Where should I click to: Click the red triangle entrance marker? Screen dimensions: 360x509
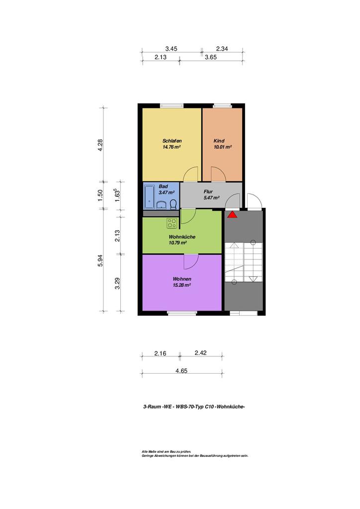[x=232, y=215]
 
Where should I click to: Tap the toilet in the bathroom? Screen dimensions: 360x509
[x=174, y=204]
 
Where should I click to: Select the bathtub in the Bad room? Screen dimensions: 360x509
[x=150, y=196]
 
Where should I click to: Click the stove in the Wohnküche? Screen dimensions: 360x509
[x=172, y=223]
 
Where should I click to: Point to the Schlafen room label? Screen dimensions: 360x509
[x=172, y=141]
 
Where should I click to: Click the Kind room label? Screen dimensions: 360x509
[x=219, y=141]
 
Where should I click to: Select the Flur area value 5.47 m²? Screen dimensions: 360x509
[x=211, y=197]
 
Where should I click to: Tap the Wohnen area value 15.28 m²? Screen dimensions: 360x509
[x=182, y=285]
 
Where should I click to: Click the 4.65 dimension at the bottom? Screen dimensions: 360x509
[x=181, y=371]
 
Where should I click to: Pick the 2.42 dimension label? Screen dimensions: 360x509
[x=200, y=353]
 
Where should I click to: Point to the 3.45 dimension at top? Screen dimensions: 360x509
[x=171, y=49]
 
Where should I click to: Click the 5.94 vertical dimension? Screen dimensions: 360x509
[x=100, y=260]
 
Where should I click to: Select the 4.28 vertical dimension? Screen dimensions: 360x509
[x=100, y=145]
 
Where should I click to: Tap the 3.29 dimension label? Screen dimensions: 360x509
[x=117, y=283]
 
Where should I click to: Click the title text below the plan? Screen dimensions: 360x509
[x=194, y=407]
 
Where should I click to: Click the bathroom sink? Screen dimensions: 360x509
[x=161, y=204]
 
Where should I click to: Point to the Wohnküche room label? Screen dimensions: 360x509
[x=182, y=237]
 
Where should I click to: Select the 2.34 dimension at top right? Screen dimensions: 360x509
[x=222, y=49]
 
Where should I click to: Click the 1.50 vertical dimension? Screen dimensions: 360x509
[x=100, y=195]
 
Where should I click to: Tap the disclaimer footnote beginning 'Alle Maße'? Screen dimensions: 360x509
[x=195, y=453]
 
